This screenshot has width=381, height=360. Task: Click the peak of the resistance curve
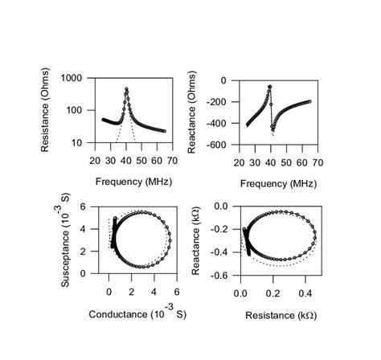click(126, 88)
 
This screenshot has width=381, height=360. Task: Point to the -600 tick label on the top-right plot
click(215, 145)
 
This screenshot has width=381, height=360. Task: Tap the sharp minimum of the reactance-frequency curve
click(273, 129)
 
